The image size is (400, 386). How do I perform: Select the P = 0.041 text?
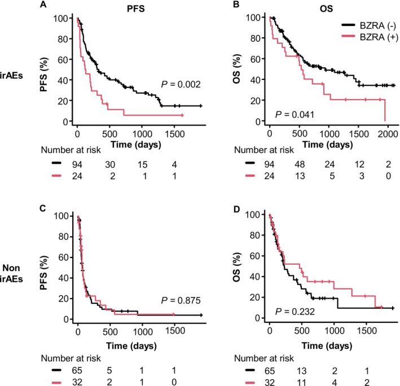(x=295, y=115)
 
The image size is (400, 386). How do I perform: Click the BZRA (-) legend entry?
(x=371, y=25)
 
